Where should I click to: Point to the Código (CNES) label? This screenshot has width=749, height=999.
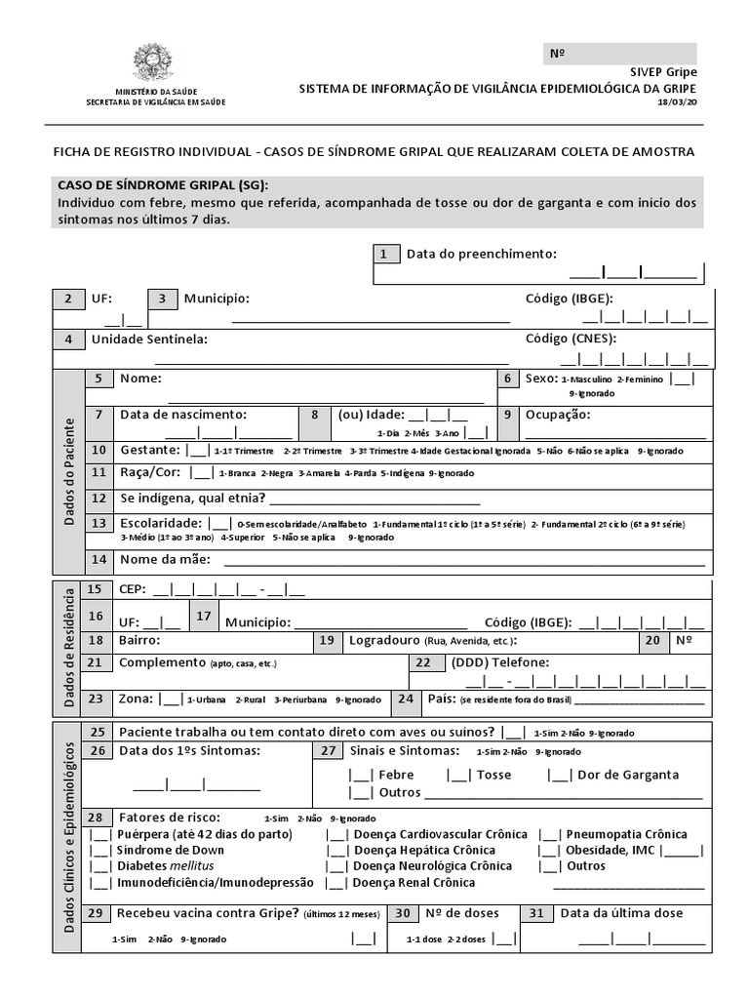[x=572, y=339]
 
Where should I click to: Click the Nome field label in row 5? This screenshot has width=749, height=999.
[x=140, y=379]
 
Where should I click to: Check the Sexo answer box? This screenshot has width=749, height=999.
[x=682, y=379]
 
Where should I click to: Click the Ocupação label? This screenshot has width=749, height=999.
[x=558, y=415]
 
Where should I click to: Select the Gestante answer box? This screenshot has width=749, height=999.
[x=198, y=451]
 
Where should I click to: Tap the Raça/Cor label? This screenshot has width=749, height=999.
[x=152, y=472]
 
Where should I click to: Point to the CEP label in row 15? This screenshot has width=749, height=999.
[x=131, y=589]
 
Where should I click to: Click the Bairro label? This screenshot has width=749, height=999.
[x=138, y=641]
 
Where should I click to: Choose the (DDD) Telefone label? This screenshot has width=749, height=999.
[x=499, y=662]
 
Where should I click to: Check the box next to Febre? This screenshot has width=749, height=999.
[x=361, y=775]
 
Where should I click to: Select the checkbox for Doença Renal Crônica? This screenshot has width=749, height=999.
[x=337, y=883]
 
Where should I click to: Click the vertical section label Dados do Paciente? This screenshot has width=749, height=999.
[x=69, y=472]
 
